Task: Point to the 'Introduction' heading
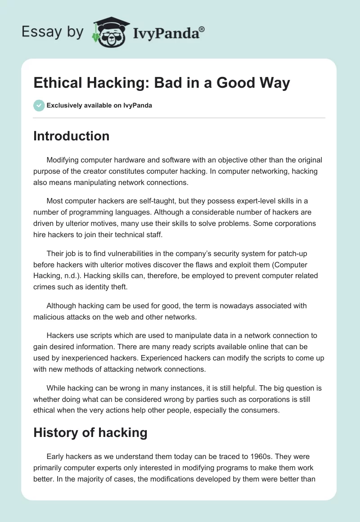(x=71, y=136)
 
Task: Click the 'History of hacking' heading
(x=90, y=432)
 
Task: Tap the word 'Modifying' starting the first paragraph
(x=65, y=160)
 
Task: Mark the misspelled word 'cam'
(x=106, y=306)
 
